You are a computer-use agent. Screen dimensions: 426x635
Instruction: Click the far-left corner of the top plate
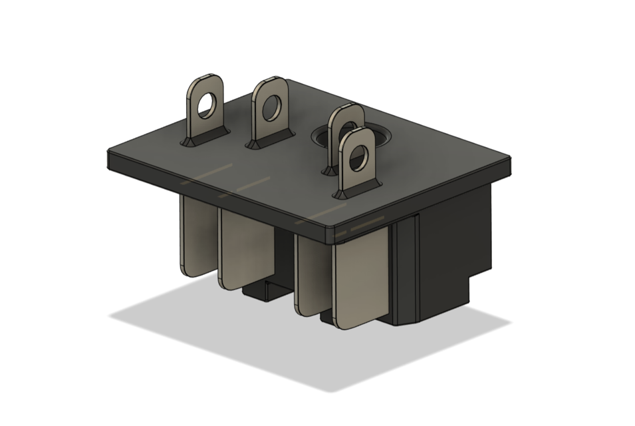pos(108,154)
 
